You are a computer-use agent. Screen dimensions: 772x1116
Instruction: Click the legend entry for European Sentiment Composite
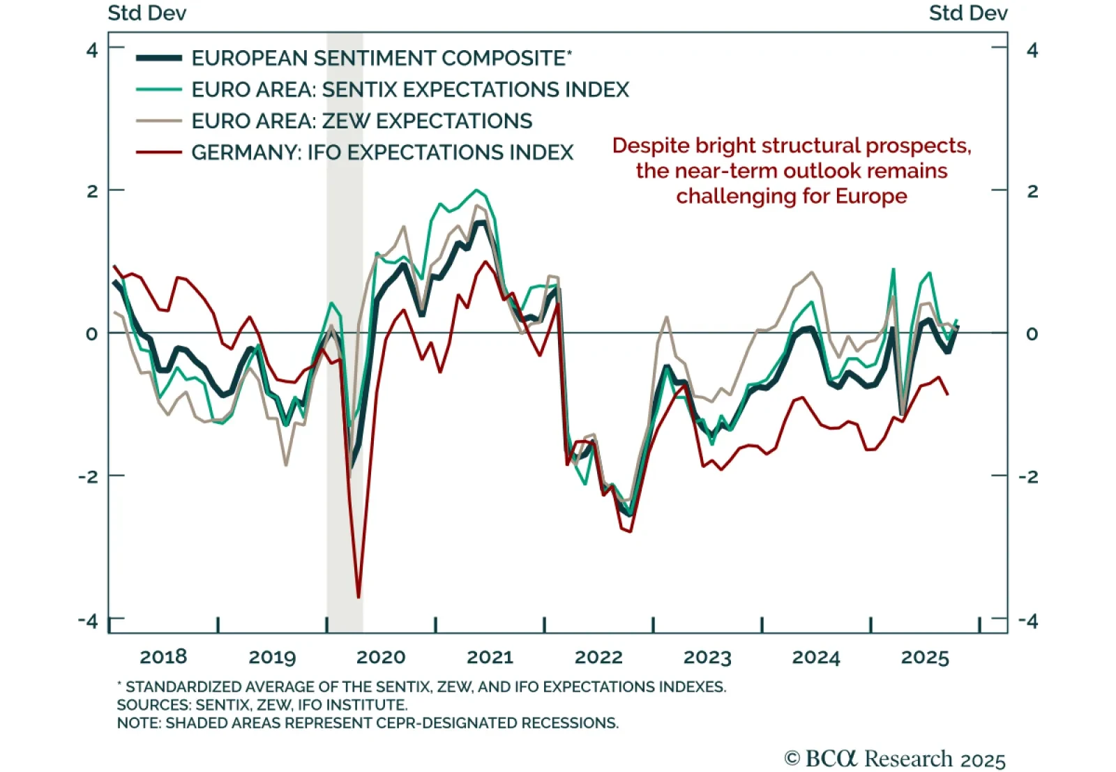[x=381, y=58]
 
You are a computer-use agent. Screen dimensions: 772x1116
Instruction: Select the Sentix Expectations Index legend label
[x=410, y=89]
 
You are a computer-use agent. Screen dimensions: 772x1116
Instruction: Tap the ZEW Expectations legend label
[x=361, y=121]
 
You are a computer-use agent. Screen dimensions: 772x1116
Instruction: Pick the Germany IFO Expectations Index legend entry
[x=382, y=152]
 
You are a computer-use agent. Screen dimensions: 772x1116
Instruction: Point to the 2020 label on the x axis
[x=381, y=657]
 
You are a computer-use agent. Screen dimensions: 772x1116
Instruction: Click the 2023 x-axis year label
[x=707, y=657]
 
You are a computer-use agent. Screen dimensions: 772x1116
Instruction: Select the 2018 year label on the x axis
[x=163, y=657]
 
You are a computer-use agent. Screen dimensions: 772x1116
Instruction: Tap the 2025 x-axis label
[x=925, y=657]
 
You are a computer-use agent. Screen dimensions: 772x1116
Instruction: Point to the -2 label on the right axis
[x=1028, y=477]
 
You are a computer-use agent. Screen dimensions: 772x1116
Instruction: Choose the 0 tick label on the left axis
[x=92, y=334]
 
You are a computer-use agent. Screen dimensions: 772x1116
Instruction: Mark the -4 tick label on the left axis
[x=88, y=621]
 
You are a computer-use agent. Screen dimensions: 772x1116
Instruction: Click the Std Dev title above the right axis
[x=967, y=13]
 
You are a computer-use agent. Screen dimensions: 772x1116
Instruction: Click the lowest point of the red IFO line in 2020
[x=359, y=597]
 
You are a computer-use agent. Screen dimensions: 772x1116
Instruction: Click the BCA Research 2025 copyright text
[x=895, y=759]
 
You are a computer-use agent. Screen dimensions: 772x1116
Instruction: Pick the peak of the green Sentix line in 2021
[x=476, y=190]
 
